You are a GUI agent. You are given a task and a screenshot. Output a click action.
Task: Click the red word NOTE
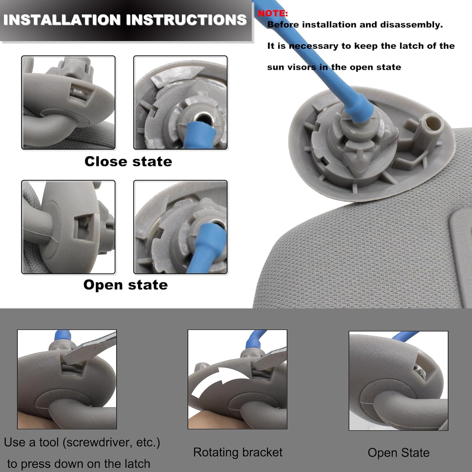pos(273,13)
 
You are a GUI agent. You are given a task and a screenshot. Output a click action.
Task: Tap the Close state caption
pos(128,161)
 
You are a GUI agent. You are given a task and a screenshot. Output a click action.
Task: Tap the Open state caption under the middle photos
pos(126,285)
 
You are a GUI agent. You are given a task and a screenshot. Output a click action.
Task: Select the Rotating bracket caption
pos(238,452)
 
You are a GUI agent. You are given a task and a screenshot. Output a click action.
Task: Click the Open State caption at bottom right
pos(398,452)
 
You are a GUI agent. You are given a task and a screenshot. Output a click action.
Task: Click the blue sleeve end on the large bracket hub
pos(360,110)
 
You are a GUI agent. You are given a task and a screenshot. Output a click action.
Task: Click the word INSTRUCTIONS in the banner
pos(186,20)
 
